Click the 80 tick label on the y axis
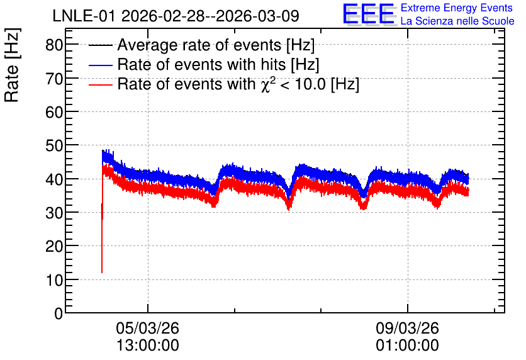tap(54, 45)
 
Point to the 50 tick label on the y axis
tap(54, 145)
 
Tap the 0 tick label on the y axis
tap(59, 313)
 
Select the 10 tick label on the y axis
tap(54, 280)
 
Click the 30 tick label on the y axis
tap(54, 213)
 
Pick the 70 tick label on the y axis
tap(54, 79)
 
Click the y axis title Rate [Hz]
tap(12, 65)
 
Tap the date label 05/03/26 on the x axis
tap(148, 328)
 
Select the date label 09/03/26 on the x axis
tap(407, 328)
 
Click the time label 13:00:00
tap(148, 346)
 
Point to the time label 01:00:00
tap(407, 346)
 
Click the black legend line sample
tap(100, 45)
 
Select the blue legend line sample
tap(100, 65)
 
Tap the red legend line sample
tap(100, 84)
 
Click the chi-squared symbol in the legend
tap(266, 84)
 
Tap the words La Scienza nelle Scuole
tap(457, 21)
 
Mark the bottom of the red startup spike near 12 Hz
tap(102, 273)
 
